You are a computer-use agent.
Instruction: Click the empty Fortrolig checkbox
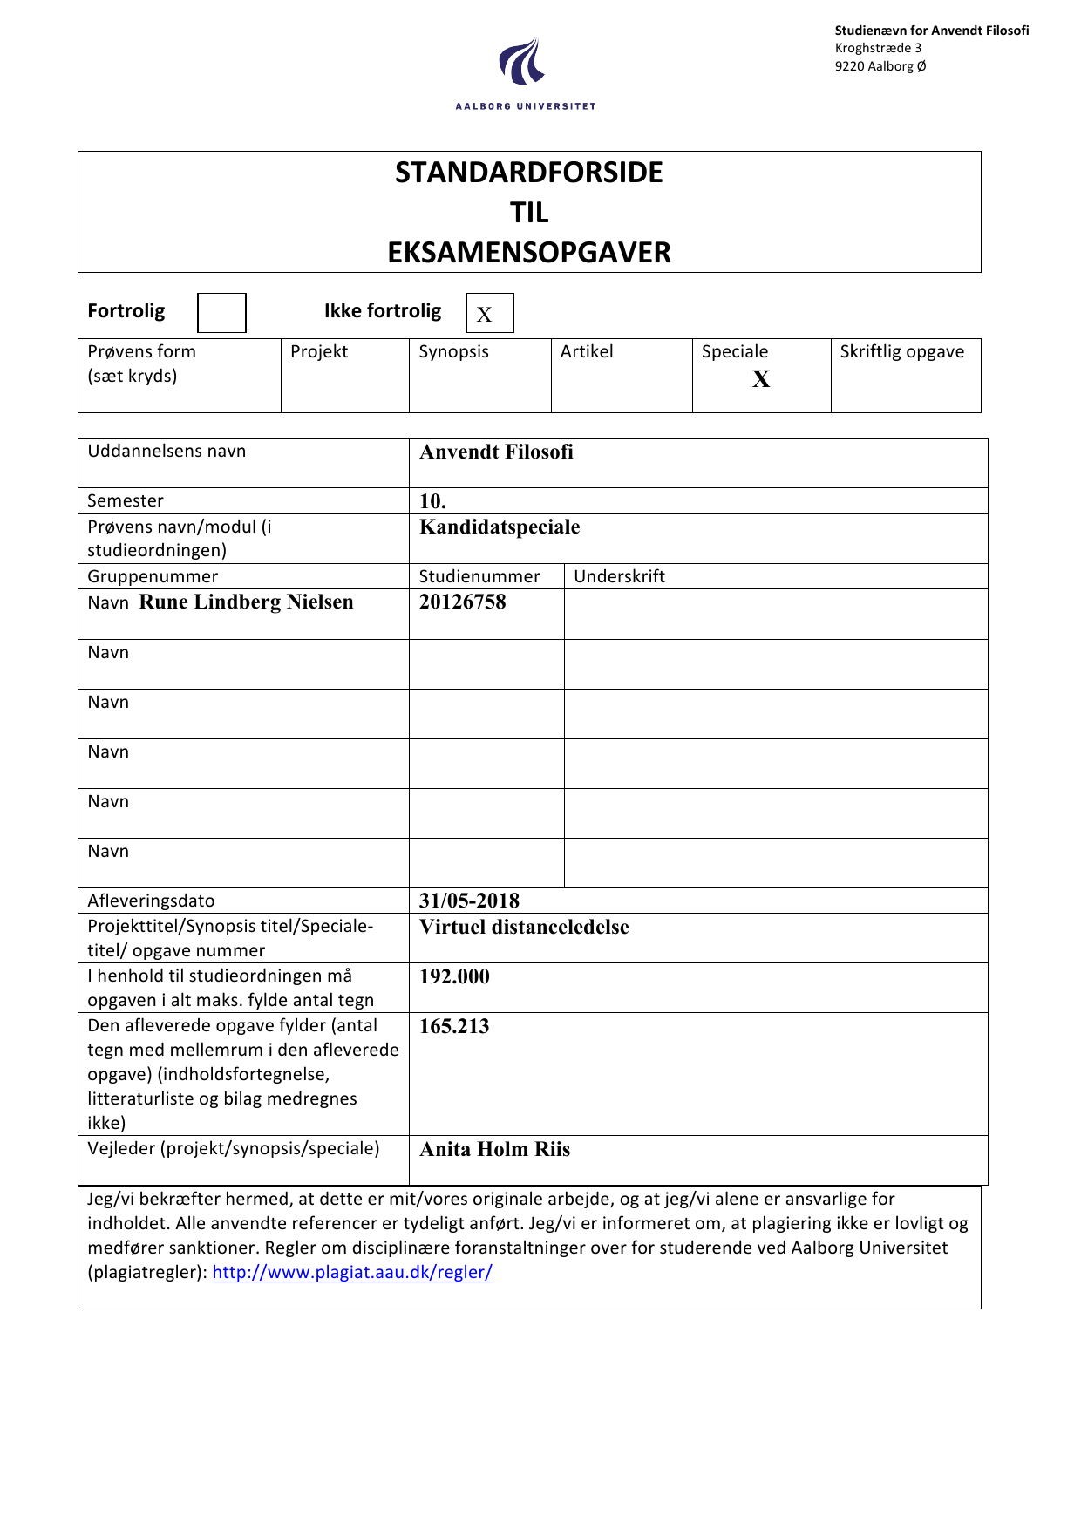coord(221,313)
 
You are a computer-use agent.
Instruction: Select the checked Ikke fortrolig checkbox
coord(489,313)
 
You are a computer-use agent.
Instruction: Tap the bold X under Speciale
coord(761,378)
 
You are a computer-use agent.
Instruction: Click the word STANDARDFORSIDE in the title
coord(528,173)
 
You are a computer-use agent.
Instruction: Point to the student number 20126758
coord(462,602)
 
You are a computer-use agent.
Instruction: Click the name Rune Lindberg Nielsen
coord(246,602)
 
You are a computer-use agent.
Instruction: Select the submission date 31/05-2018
coord(469,901)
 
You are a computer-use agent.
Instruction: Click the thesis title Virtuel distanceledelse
coord(524,927)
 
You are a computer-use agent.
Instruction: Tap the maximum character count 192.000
coord(454,976)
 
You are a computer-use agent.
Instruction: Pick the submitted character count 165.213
coord(454,1026)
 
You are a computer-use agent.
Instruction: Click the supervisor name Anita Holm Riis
coord(494,1149)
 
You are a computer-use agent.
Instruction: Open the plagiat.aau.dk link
coord(352,1272)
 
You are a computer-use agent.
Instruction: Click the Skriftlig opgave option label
coord(902,352)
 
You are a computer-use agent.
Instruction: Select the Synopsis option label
coord(453,352)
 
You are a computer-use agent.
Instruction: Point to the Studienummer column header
coord(479,576)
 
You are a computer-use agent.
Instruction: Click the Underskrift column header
coord(619,576)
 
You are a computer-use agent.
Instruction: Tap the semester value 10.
coord(432,501)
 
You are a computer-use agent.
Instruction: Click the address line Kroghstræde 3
coord(878,48)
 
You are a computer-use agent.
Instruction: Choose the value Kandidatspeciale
coord(500,527)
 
